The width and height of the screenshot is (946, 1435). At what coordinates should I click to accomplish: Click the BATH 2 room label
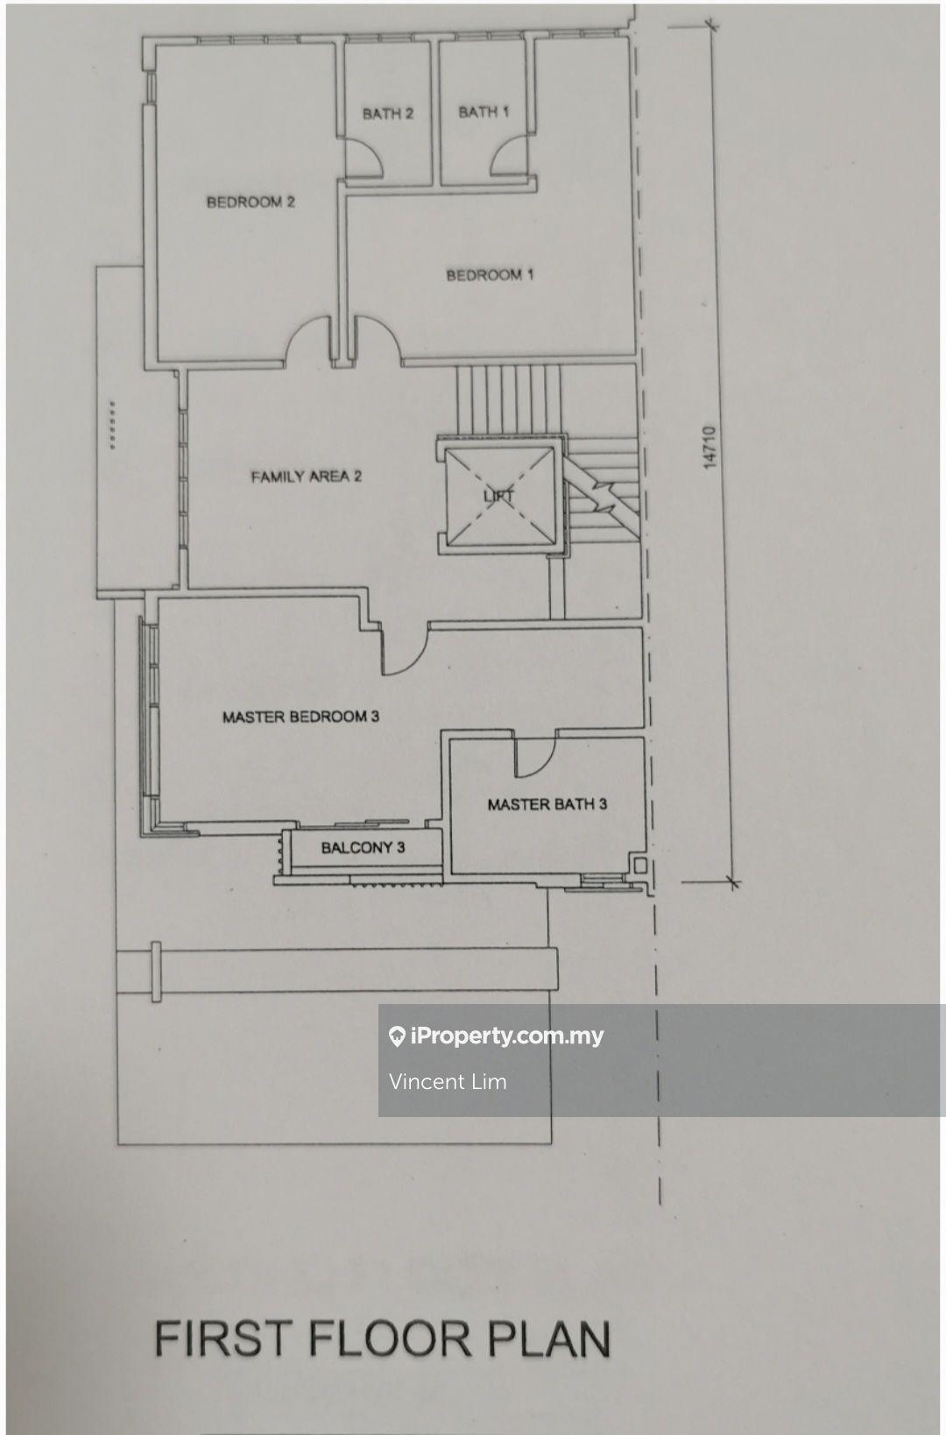click(387, 113)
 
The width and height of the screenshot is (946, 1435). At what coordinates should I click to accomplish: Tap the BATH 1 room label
click(483, 111)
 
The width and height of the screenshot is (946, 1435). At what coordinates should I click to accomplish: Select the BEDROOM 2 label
click(251, 201)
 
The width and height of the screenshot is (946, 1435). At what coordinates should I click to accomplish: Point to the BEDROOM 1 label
click(490, 275)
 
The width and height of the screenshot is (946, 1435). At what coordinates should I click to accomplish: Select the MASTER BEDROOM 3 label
click(300, 717)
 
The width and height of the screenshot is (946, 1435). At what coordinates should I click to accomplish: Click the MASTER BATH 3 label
click(547, 803)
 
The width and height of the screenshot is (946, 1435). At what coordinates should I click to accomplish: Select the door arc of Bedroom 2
click(309, 340)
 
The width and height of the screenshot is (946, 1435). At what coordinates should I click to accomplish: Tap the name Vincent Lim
click(448, 1081)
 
